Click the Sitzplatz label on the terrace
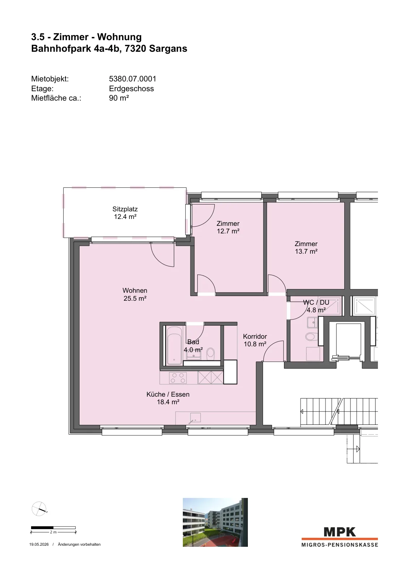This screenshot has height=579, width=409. coord(125,209)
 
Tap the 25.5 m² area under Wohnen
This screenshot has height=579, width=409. coord(135,298)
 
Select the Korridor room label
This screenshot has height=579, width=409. coord(255,336)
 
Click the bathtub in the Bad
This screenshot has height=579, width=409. coord(175,346)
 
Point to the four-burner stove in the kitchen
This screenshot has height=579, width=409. coord(178,378)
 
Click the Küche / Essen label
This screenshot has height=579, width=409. coord(168,394)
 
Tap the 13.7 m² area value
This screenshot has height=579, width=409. coord(306,251)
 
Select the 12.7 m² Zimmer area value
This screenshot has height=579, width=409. coord(228,231)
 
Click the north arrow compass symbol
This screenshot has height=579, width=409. coord(39,509)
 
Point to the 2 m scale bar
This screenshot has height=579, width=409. coord(53,528)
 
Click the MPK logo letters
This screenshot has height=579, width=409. coord(340,532)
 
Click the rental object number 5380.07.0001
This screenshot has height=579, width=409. coord(133,79)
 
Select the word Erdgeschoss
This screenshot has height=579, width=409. coord(132,88)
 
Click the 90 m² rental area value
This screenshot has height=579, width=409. coord(119,98)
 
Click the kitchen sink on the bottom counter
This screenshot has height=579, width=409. coord(195,418)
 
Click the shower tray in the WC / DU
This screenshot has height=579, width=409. coord(330,305)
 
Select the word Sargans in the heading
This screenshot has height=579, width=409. coord(168,48)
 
